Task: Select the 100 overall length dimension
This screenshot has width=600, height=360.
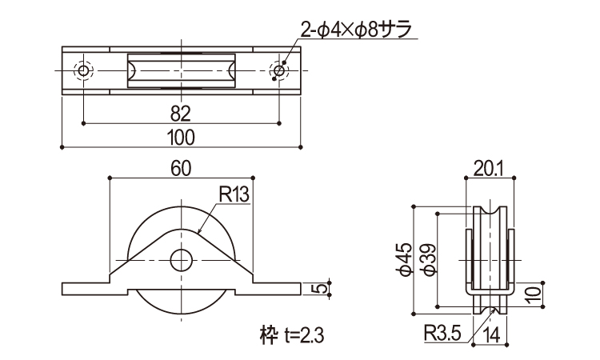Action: [181, 137]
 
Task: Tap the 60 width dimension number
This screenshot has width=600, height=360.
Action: [181, 168]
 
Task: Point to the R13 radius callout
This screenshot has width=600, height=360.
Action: [234, 194]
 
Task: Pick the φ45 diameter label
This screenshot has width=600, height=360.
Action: [405, 258]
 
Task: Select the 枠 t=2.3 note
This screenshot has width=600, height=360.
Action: [273, 329]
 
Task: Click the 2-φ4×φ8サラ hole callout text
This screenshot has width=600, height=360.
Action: [357, 30]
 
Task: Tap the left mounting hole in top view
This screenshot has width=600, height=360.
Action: [83, 71]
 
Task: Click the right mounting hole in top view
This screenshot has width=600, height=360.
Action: [278, 71]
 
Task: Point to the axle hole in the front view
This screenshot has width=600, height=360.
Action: [181, 260]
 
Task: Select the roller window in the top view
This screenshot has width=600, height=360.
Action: [181, 70]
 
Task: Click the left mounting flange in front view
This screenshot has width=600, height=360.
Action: [84, 286]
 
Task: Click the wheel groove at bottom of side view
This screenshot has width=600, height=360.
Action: [489, 308]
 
